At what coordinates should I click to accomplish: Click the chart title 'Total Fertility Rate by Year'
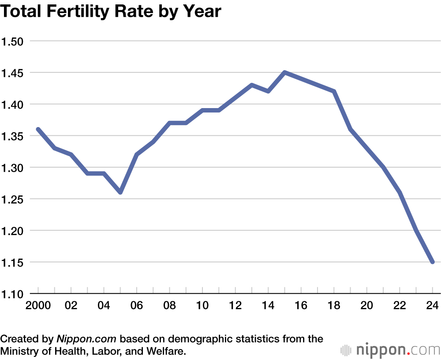point(110,11)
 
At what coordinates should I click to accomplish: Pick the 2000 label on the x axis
point(38,305)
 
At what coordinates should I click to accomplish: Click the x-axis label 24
point(433,305)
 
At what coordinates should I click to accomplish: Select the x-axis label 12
point(235,305)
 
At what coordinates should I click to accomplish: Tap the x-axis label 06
point(137,305)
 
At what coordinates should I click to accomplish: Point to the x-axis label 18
point(334,305)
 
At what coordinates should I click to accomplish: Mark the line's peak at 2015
point(284,72)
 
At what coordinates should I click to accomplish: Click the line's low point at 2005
point(120,192)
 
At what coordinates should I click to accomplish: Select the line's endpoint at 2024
point(433,262)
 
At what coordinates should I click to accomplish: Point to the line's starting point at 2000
point(38,129)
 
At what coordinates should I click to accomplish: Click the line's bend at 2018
point(334,91)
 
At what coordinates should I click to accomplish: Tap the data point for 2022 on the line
point(400,192)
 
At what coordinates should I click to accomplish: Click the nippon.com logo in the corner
point(390,350)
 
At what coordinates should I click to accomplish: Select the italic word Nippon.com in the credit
point(86,339)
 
